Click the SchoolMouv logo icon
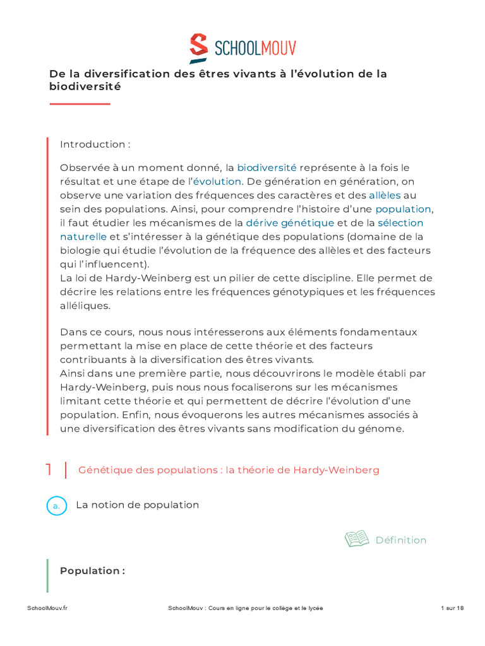click(199, 49)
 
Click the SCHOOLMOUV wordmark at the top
click(255, 49)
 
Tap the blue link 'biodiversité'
click(266, 168)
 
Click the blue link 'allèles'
click(385, 196)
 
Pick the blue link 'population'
click(403, 209)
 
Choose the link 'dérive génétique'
click(290, 223)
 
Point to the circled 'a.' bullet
click(57, 506)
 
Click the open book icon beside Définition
click(357, 539)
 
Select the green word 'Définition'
click(401, 541)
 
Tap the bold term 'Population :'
click(92, 571)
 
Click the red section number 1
click(49, 470)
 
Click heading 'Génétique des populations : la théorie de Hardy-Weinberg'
click(229, 471)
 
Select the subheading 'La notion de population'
click(138, 505)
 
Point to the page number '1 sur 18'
click(452, 608)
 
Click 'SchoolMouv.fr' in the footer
click(47, 608)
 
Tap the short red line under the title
click(80, 103)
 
